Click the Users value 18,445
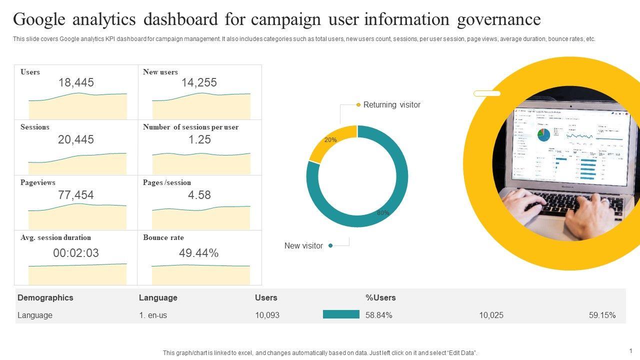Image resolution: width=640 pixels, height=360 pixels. click(76, 83)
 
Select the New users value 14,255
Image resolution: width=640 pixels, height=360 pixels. click(199, 83)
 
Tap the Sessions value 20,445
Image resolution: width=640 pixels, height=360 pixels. click(76, 140)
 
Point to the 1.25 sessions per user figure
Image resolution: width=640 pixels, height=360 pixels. click(199, 140)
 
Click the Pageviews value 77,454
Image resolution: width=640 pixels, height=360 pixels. click(76, 195)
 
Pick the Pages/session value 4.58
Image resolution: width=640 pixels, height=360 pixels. click(199, 195)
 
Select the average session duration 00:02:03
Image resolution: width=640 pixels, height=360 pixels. click(76, 253)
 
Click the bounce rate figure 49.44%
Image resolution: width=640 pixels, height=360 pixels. click(199, 253)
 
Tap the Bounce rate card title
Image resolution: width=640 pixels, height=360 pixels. click(163, 237)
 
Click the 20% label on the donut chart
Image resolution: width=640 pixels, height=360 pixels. click(330, 140)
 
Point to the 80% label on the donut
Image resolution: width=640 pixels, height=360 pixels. click(383, 213)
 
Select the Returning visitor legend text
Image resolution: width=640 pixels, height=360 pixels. click(392, 105)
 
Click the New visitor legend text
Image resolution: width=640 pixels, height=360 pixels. click(303, 246)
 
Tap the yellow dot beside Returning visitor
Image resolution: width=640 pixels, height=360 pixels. click(358, 105)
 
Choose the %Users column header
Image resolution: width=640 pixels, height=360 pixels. click(380, 297)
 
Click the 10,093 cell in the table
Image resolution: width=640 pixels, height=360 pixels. click(267, 315)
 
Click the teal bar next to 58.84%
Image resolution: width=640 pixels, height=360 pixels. click(341, 314)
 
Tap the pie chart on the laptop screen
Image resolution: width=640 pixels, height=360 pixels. click(543, 134)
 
